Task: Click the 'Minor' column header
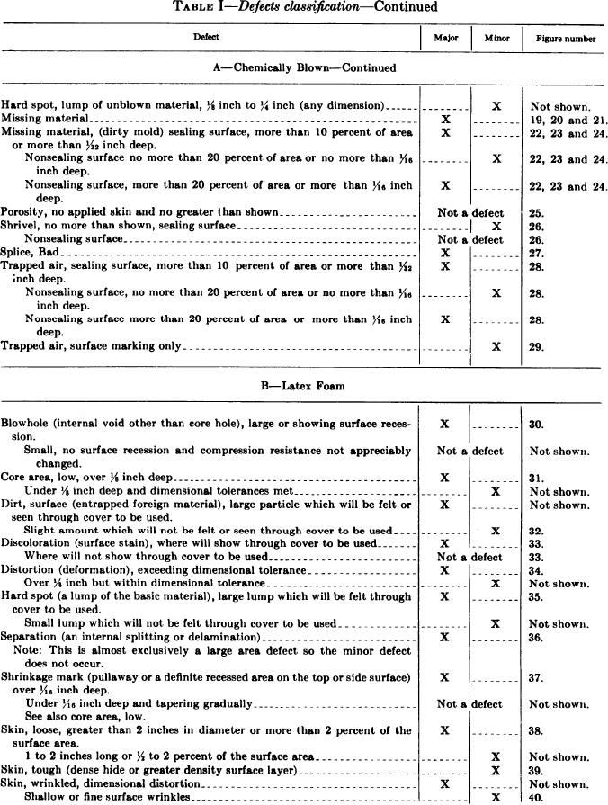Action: click(x=496, y=38)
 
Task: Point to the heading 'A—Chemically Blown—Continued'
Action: click(x=304, y=67)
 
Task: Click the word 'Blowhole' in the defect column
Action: click(x=26, y=423)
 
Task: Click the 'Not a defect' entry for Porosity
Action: click(x=469, y=213)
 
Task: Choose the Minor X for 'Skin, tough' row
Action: click(x=496, y=771)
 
